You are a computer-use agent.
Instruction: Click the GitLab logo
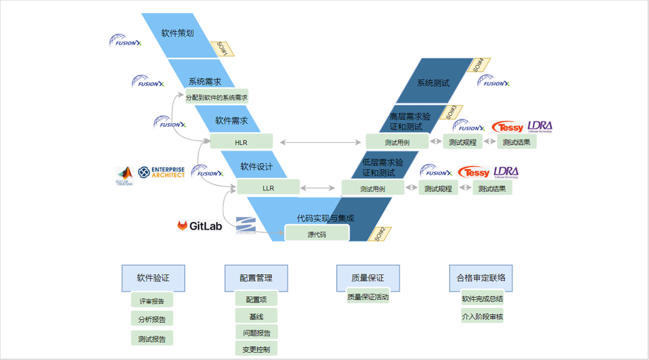[200, 226]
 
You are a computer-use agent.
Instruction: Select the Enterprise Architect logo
[161, 172]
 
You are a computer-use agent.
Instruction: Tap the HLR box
[241, 142]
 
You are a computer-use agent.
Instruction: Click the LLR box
[268, 187]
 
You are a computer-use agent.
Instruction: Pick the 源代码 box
[317, 234]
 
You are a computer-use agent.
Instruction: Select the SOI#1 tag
[222, 49]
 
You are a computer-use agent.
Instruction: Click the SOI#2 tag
[380, 234]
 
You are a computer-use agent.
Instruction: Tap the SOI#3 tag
[451, 112]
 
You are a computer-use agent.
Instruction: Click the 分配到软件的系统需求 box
[217, 97]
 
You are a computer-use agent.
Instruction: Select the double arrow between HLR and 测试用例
[320, 142]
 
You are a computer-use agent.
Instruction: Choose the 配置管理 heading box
[256, 278]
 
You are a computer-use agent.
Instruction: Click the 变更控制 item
[256, 349]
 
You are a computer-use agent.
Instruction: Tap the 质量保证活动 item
[368, 297]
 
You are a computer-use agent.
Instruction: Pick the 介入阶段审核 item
[482, 316]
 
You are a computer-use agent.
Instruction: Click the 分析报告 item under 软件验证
[152, 319]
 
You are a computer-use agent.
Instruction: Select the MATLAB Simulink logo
[124, 176]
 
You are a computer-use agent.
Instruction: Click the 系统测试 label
[433, 83]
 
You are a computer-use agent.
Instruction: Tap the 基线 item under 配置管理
[256, 316]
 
